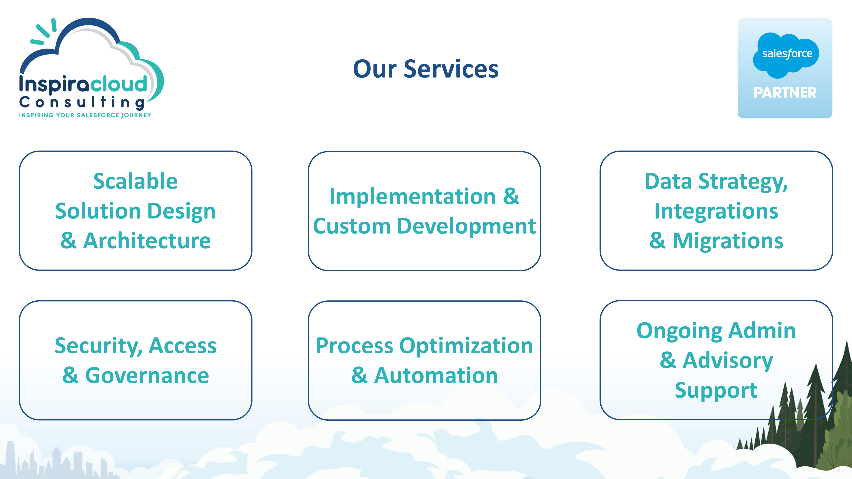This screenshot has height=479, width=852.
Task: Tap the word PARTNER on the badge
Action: coord(785,93)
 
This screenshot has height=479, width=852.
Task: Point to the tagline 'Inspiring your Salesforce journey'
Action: coord(85,115)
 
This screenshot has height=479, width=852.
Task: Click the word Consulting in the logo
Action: coord(82,102)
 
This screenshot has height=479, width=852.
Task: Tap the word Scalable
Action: coord(135,181)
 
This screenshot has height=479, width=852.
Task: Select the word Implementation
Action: coord(412,196)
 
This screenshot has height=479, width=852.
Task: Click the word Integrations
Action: coord(716,211)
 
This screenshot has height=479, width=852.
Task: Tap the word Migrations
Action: coord(728,241)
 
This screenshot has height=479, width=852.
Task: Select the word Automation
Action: coord(436,376)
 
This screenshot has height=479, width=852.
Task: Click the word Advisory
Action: coord(728,360)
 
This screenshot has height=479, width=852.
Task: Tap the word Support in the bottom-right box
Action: coord(716,390)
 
